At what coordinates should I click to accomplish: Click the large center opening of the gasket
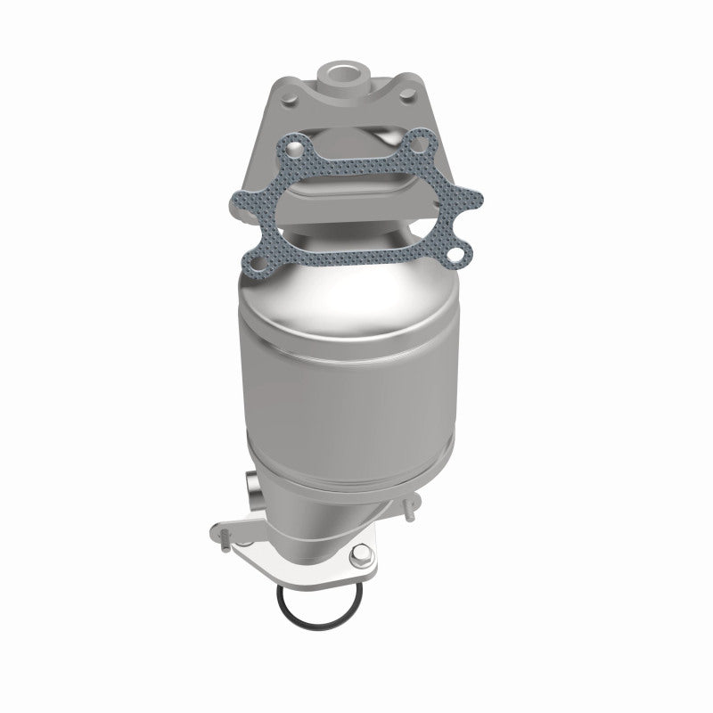pyautogui.click(x=356, y=201)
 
